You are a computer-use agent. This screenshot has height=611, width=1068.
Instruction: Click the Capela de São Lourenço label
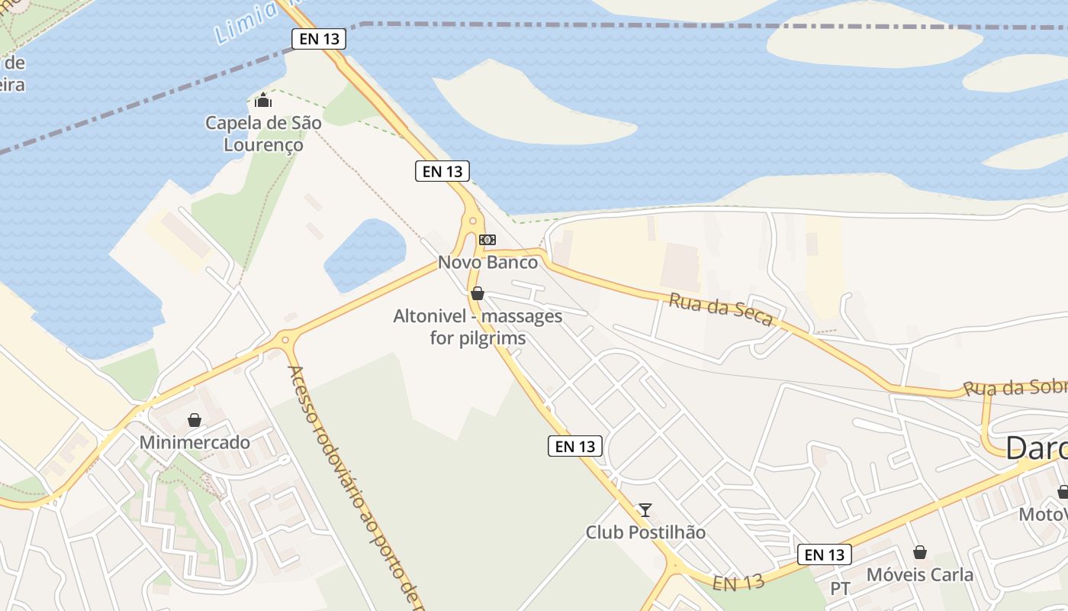point(263,134)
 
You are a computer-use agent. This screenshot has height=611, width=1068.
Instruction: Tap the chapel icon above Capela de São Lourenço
point(263,100)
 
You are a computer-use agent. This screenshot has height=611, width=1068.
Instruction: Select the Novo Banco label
point(487,263)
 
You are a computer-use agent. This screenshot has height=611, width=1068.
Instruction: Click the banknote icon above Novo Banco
point(487,240)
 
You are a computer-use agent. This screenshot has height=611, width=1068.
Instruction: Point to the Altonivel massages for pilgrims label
point(478,327)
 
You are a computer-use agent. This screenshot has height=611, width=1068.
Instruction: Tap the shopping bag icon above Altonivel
point(478,293)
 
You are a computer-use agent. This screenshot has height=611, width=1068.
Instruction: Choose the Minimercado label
point(195,442)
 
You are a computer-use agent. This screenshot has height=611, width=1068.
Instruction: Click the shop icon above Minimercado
point(195,420)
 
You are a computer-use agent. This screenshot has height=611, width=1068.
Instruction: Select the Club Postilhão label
point(645,532)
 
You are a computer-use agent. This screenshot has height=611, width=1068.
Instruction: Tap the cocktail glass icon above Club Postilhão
point(645,509)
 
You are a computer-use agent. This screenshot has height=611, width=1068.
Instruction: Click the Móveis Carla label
point(920,574)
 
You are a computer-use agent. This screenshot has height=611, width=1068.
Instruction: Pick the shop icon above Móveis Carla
point(920,552)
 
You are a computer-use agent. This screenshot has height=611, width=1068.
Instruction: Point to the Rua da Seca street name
point(721,309)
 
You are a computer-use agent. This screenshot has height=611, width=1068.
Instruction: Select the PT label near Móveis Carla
point(840,589)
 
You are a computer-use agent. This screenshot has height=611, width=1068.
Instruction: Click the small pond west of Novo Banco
point(366,252)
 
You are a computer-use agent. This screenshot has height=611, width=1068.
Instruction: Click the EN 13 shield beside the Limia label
point(319,39)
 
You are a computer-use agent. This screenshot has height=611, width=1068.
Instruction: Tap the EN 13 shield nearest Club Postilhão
point(575,446)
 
